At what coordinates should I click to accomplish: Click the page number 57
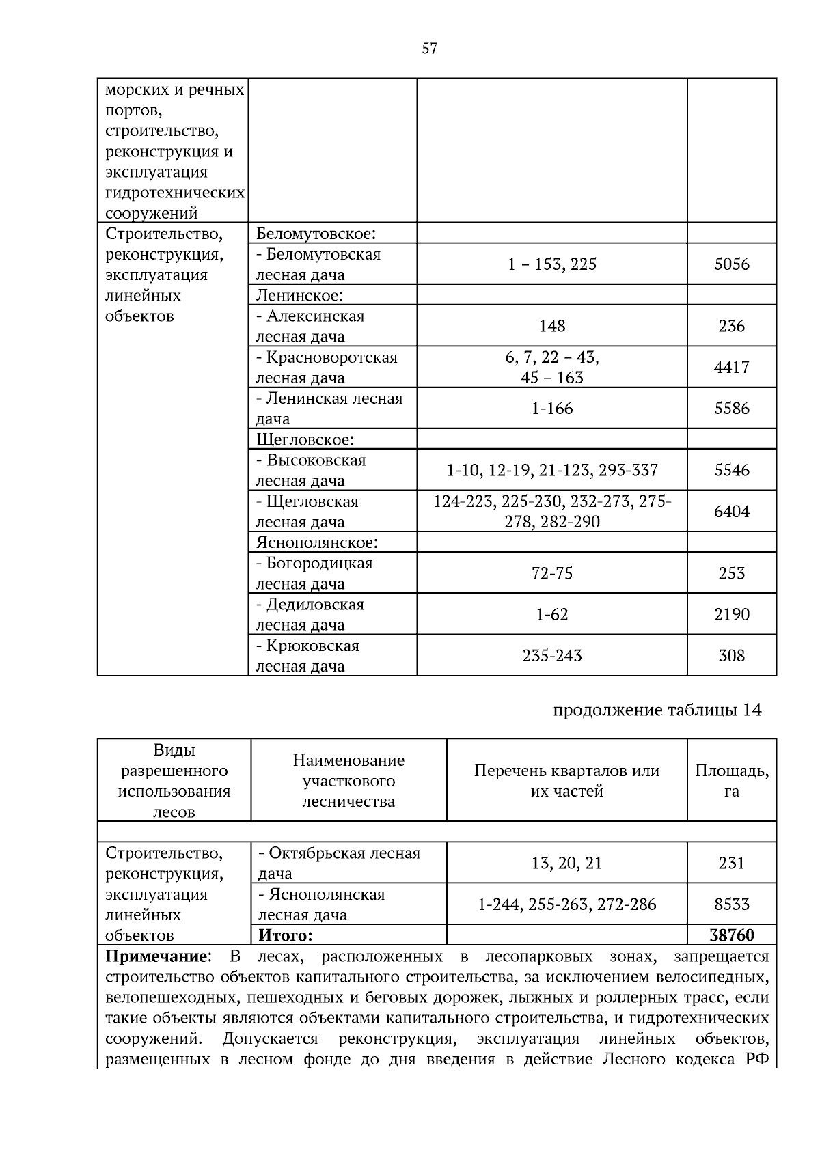click(429, 49)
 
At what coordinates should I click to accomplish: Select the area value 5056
click(731, 264)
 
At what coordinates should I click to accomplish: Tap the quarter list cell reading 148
click(551, 326)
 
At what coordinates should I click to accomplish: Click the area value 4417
click(731, 368)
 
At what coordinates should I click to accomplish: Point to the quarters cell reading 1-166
click(551, 409)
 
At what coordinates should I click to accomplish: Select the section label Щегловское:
click(305, 439)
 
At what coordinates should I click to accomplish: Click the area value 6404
click(731, 512)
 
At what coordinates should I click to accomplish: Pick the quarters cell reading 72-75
click(551, 573)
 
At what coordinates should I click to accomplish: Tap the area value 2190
click(731, 614)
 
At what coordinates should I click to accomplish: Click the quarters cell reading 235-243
click(551, 656)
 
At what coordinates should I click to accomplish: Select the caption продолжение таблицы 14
click(656, 710)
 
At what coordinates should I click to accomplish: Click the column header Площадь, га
click(731, 781)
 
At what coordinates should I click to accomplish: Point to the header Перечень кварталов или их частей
click(566, 781)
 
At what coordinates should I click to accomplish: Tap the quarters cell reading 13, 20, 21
click(566, 864)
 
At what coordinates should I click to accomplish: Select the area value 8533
click(731, 904)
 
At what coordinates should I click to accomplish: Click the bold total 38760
click(731, 935)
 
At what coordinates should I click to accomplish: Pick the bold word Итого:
click(285, 935)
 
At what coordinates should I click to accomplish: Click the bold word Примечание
click(156, 956)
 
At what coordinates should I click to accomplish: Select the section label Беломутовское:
click(316, 234)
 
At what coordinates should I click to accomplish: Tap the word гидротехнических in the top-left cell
click(175, 193)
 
